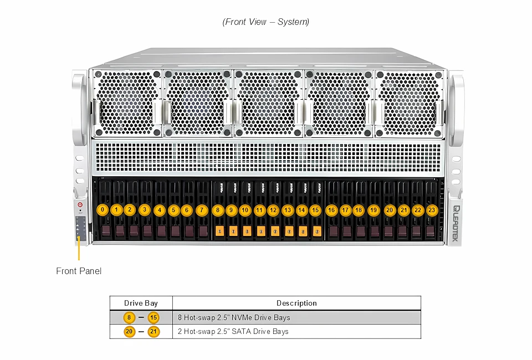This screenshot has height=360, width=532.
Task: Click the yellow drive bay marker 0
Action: tap(102, 210)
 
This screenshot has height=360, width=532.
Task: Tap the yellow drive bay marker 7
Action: tap(202, 210)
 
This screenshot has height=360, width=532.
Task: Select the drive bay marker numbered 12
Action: tap(273, 210)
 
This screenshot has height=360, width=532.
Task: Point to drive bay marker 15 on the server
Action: tap(315, 210)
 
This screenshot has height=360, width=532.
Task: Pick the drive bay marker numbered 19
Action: tap(373, 210)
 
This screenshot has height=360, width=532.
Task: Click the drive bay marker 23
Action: tap(432, 210)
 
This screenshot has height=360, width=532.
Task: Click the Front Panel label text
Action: tap(79, 271)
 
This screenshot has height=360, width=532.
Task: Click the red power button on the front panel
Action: tap(80, 204)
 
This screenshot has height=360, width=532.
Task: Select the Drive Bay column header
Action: tap(141, 303)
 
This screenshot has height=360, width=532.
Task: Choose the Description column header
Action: tap(296, 303)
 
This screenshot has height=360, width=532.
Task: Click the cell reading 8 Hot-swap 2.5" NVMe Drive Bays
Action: tap(234, 317)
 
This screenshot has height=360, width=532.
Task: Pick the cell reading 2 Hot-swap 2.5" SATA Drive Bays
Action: tap(233, 331)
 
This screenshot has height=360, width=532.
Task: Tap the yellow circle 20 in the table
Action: tap(129, 331)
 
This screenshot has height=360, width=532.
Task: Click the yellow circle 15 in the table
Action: tap(154, 317)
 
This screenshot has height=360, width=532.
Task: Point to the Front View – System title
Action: tap(265, 22)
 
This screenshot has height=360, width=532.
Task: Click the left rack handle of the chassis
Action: tap(79, 102)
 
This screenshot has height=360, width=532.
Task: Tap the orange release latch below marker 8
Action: tap(219, 230)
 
